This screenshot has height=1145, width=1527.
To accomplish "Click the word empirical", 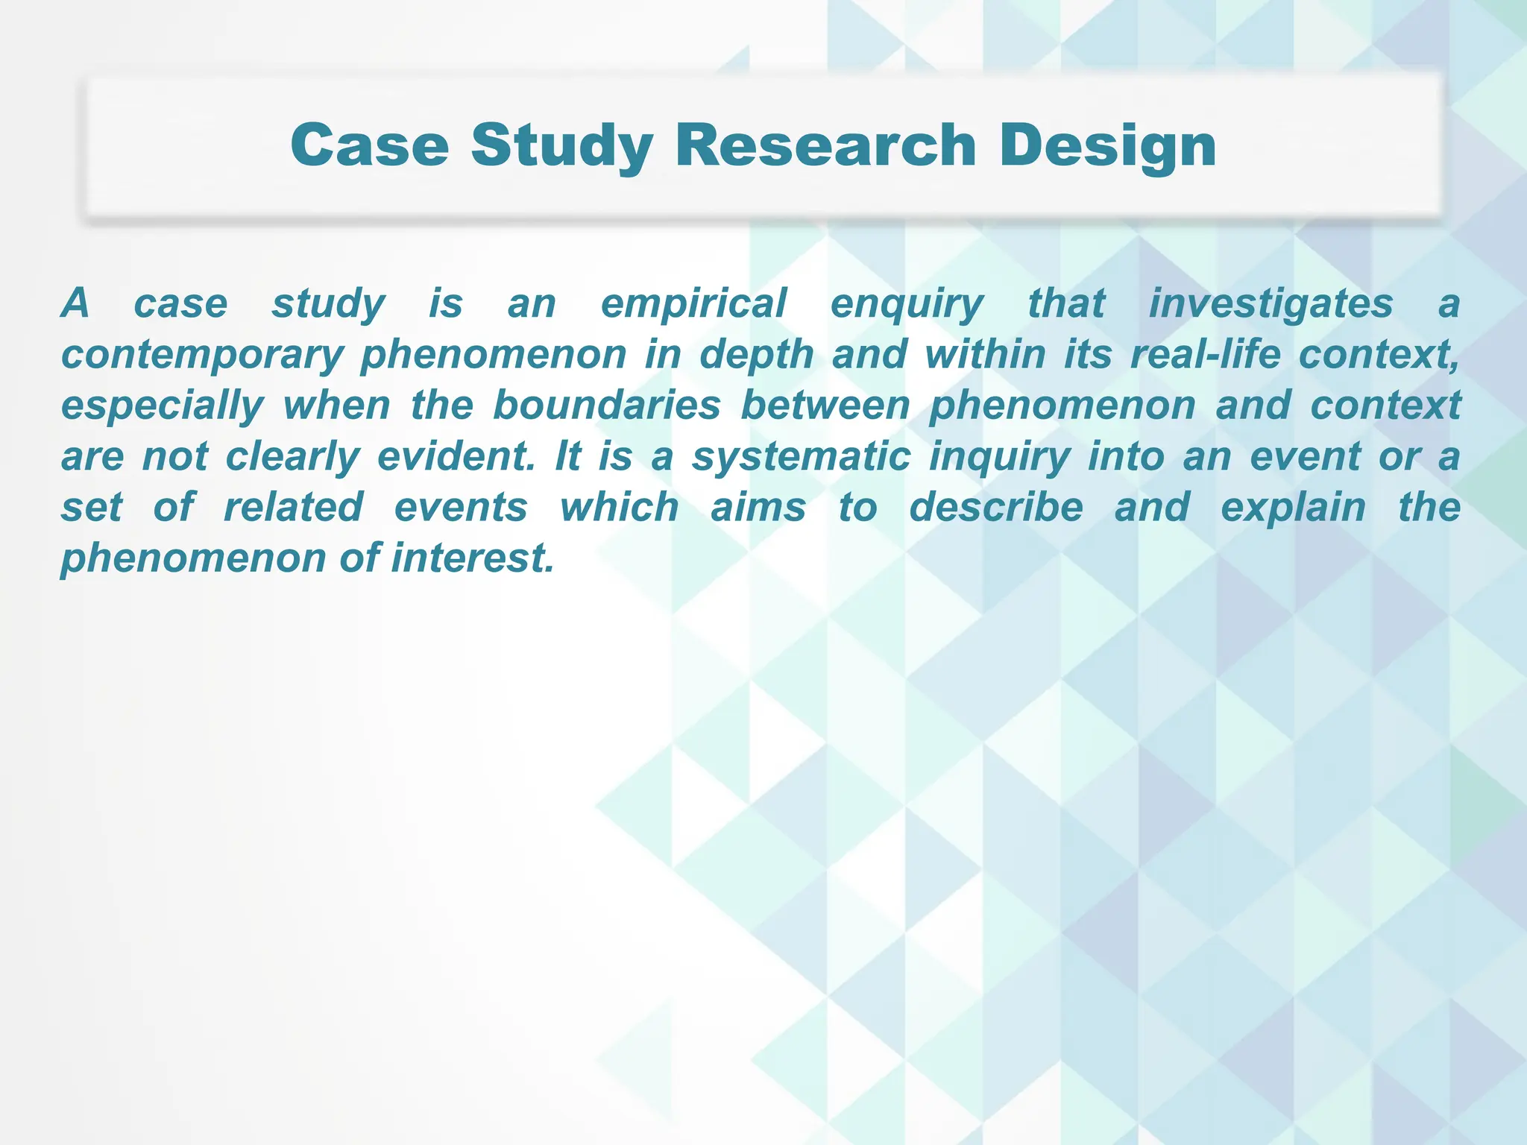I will (x=693, y=304).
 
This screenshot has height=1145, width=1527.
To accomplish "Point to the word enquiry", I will (x=907, y=304).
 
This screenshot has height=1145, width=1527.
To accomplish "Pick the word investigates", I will (x=1271, y=304).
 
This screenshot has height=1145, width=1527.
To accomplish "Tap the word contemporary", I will (x=202, y=355).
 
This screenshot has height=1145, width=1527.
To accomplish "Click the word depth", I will (x=756, y=355).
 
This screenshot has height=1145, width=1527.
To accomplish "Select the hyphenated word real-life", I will (x=1205, y=355).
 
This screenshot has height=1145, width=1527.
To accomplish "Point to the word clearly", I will (x=293, y=457).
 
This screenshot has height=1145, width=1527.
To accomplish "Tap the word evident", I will (x=456, y=457).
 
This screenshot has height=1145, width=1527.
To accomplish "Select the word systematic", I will (x=801, y=457).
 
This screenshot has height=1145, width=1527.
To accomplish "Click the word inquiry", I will (x=1000, y=457).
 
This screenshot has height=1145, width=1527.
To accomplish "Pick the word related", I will (x=293, y=508).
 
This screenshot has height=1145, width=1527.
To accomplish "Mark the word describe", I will (x=996, y=508).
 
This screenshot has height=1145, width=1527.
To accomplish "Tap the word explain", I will (x=1293, y=508).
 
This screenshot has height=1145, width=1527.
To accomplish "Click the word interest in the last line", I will (x=473, y=558).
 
